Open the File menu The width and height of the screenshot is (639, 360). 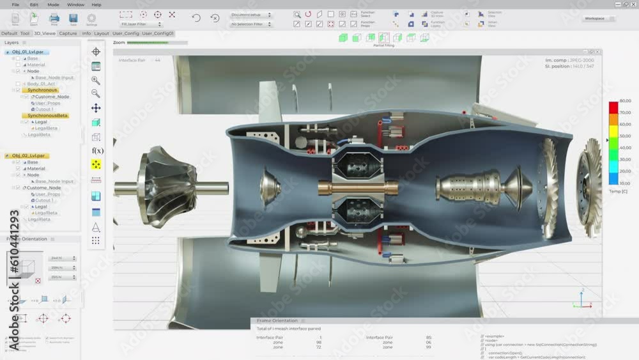(x=15, y=4)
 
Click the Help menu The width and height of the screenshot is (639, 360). (x=96, y=4)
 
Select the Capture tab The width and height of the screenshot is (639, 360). (x=68, y=33)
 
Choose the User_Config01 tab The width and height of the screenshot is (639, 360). (x=158, y=33)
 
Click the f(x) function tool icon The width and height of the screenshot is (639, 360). (x=97, y=151)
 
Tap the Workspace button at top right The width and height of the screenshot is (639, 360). (x=594, y=19)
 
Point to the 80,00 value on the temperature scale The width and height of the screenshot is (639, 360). (x=625, y=101)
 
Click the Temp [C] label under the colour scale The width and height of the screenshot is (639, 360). (x=619, y=191)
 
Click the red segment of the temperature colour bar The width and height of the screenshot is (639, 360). (x=613, y=107)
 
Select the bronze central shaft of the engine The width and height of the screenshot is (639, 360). (x=358, y=187)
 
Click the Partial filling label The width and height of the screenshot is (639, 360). (x=384, y=46)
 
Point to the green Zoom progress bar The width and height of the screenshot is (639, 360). (x=148, y=43)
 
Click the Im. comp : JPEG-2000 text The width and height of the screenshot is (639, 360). (x=569, y=60)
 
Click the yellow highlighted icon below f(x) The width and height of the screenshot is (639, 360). (x=96, y=164)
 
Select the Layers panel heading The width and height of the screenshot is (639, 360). (x=12, y=43)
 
